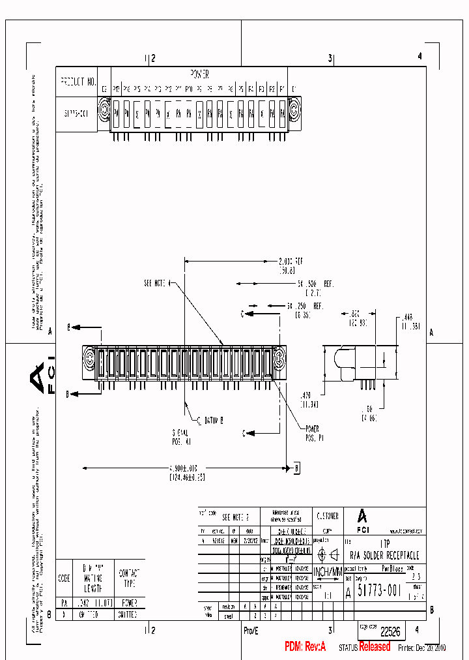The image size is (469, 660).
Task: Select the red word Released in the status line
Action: click(x=375, y=646)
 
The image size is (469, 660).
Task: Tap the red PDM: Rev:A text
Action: click(x=304, y=646)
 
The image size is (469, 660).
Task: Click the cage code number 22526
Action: click(x=390, y=631)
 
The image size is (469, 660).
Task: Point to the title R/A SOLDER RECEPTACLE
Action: click(x=384, y=556)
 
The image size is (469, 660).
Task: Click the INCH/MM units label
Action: click(x=327, y=572)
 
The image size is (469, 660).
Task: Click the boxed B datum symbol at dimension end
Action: click(x=296, y=468)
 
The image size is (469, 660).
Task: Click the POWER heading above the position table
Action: click(x=199, y=74)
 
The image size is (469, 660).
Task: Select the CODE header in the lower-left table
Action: click(x=64, y=578)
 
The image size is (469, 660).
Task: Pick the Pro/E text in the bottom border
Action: click(x=251, y=631)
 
